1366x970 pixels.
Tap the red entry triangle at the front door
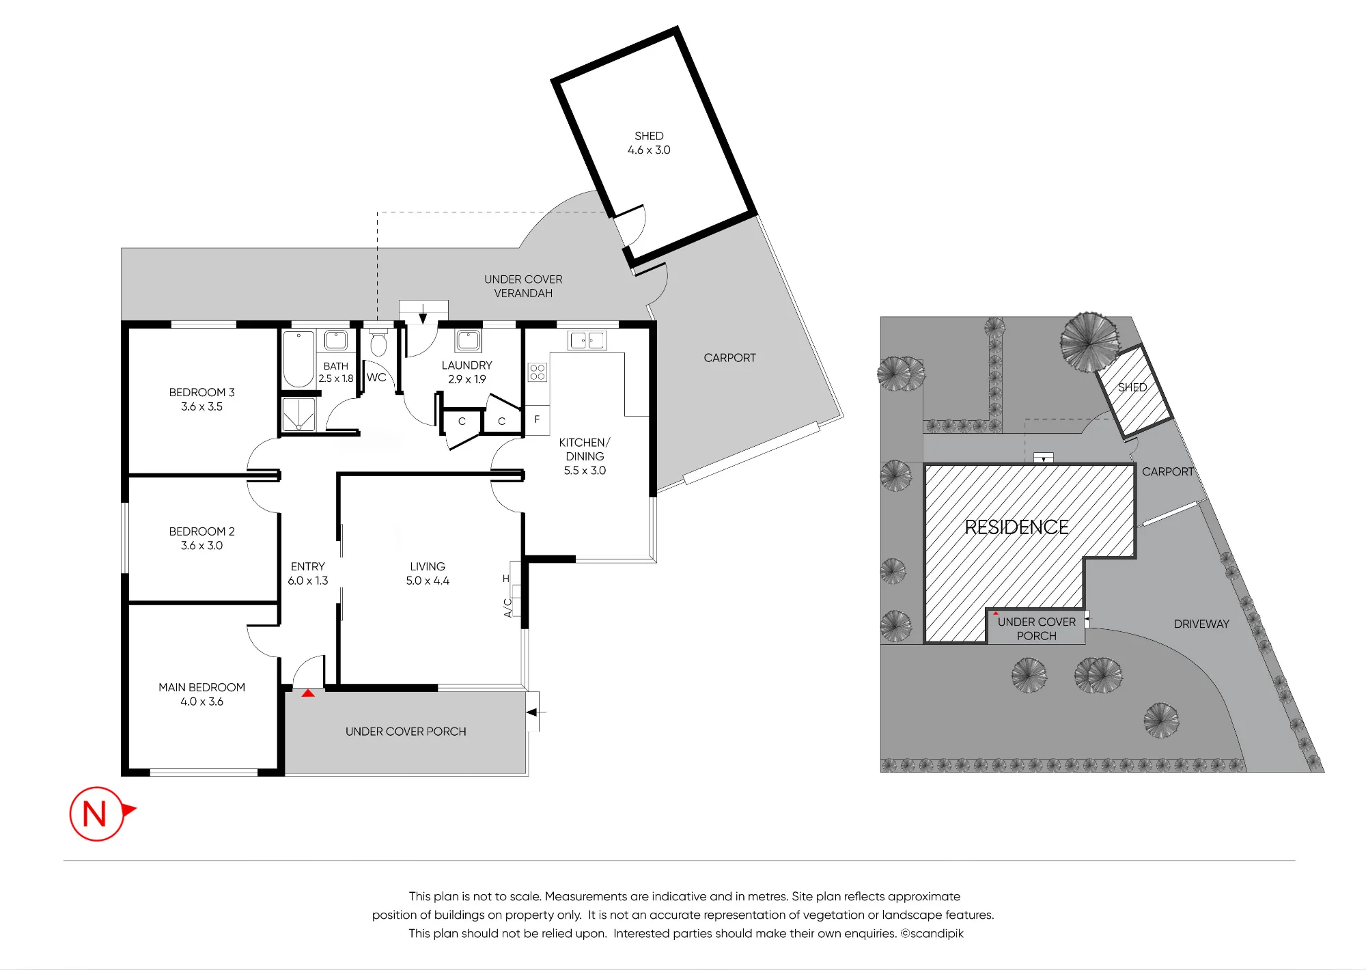point(308,693)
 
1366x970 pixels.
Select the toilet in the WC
point(378,342)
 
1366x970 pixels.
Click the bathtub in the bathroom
point(298,359)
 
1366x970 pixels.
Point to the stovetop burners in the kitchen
point(538,372)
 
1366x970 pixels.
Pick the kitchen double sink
point(587,340)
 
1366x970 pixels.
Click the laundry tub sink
point(468,340)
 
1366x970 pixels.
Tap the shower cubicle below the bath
point(298,414)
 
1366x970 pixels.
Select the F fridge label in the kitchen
point(537,419)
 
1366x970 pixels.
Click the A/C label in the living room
point(507,608)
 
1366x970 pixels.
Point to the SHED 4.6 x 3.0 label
point(649,143)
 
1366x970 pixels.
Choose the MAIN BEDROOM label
point(201,687)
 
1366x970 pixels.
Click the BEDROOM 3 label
point(201,392)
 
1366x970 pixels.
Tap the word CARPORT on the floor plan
point(729,358)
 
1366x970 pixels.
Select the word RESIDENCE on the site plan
point(1016,527)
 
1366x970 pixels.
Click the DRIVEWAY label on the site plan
point(1201,624)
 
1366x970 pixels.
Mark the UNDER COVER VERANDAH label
point(523,286)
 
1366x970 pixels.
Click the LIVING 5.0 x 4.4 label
point(428,574)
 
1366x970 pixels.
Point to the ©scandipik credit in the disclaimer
point(932,934)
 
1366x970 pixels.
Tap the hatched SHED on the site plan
point(1134,391)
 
